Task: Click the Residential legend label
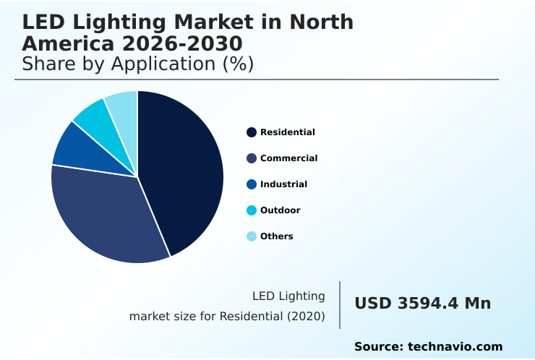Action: point(287,132)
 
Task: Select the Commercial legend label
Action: point(288,158)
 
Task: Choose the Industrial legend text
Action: point(283,184)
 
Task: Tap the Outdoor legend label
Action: point(280,210)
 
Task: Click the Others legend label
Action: point(276,236)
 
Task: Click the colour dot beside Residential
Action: point(252,132)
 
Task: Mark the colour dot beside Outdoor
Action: point(252,210)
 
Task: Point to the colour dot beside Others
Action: point(252,236)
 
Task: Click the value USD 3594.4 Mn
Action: point(422,304)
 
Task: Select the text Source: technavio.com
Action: point(428,347)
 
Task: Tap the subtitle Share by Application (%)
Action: point(137,64)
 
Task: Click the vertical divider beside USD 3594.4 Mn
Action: point(340,304)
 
